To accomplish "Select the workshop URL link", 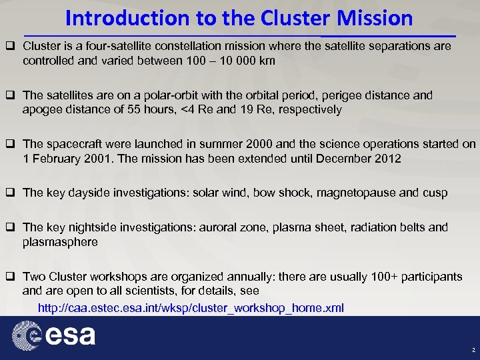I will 191,307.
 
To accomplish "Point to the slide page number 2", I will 473,349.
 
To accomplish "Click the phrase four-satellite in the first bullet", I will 102,47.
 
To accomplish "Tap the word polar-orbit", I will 146,95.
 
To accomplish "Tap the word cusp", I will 435,192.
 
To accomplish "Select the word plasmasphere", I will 60,242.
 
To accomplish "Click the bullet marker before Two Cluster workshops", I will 11,276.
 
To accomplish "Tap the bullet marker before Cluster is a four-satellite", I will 11,47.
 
